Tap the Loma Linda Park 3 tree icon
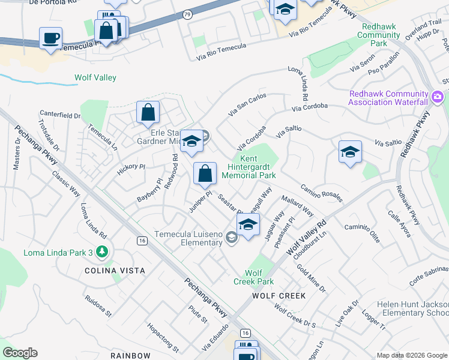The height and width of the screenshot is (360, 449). [103, 252]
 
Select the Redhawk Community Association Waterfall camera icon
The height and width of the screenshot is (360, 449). [438, 96]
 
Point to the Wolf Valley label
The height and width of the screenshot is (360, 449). [95, 77]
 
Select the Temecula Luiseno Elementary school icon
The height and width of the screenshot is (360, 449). [231, 238]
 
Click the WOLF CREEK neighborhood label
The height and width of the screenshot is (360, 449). [279, 296]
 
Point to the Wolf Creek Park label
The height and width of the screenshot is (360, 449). [253, 277]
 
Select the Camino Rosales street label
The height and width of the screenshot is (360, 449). [321, 193]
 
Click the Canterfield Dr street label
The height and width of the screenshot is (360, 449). [60, 115]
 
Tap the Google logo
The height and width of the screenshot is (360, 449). [20, 353]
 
